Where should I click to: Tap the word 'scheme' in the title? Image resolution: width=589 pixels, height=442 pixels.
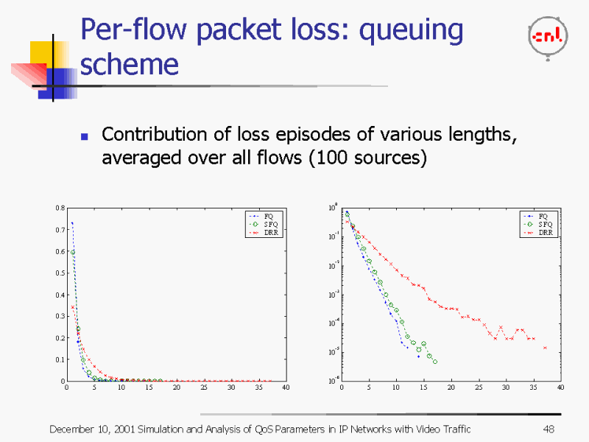click(129, 64)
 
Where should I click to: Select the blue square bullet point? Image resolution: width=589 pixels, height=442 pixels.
click(84, 137)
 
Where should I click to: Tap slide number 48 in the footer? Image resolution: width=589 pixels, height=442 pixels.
click(548, 429)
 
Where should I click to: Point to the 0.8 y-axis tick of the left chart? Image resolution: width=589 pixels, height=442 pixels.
click(59, 208)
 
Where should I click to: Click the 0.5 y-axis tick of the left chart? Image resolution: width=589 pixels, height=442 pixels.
click(59, 273)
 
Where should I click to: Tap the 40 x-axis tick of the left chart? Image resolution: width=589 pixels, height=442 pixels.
click(286, 387)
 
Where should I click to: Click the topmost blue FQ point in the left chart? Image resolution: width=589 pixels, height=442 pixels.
click(71, 222)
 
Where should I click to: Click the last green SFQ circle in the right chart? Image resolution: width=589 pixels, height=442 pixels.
click(435, 362)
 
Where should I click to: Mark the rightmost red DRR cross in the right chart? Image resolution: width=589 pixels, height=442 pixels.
click(545, 348)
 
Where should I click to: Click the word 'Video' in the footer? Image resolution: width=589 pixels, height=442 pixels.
click(431, 429)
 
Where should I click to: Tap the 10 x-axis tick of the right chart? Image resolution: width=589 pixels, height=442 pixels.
click(396, 387)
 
